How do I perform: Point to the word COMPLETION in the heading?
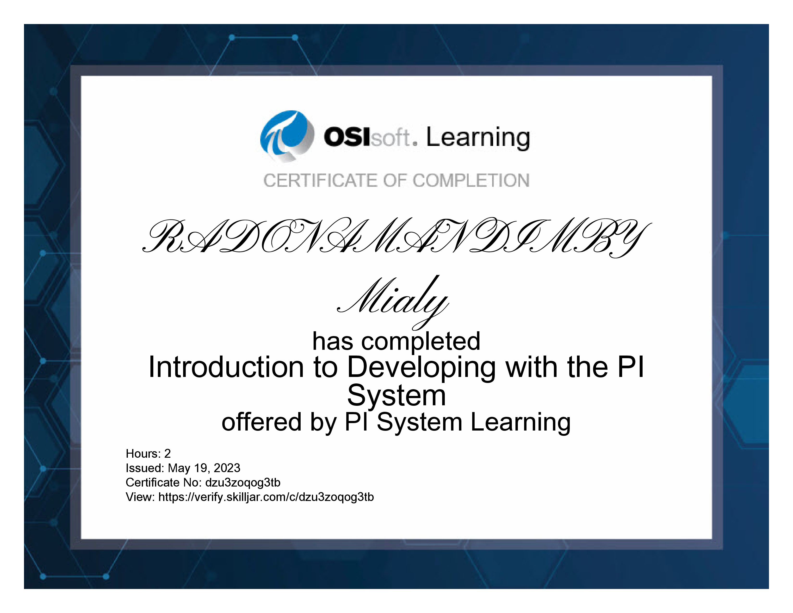[x=471, y=181]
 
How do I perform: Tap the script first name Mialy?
[x=393, y=301]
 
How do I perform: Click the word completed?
[x=421, y=342]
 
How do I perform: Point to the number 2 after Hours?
[x=167, y=454]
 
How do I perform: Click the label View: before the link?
[x=141, y=497]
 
